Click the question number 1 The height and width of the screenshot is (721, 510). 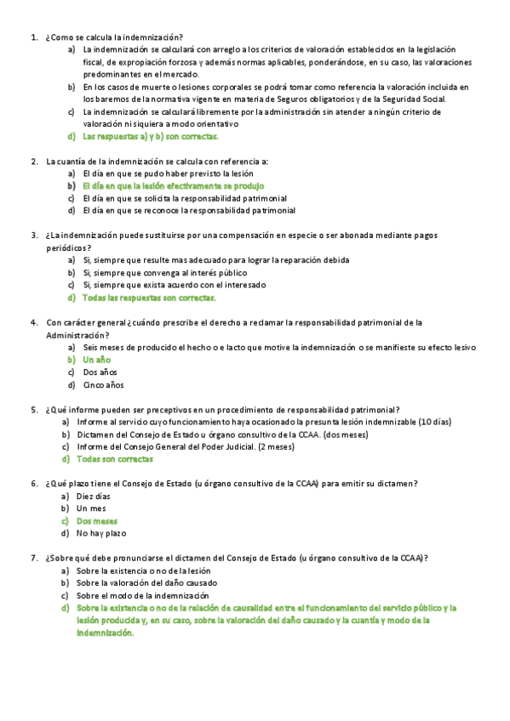[32, 37]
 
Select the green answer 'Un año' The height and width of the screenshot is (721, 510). [97, 360]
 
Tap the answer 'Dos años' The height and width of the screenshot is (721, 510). [100, 372]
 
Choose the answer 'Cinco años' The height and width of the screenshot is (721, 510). [104, 385]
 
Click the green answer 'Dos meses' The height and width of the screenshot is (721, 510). [97, 520]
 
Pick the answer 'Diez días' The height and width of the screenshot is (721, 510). [94, 496]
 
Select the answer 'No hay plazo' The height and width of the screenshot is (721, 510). [100, 533]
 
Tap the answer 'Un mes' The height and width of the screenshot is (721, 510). [91, 508]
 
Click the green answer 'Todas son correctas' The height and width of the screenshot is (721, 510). [115, 459]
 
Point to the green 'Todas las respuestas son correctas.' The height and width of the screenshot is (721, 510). [150, 298]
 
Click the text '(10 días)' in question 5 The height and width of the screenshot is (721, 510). [435, 422]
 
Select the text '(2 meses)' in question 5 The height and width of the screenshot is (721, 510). [275, 446]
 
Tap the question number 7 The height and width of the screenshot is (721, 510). [32, 558]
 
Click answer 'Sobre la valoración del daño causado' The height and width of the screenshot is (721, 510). [146, 583]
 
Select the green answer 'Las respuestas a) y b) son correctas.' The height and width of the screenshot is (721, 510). [151, 136]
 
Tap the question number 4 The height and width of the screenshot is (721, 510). [32, 322]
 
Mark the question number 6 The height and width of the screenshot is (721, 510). [32, 484]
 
